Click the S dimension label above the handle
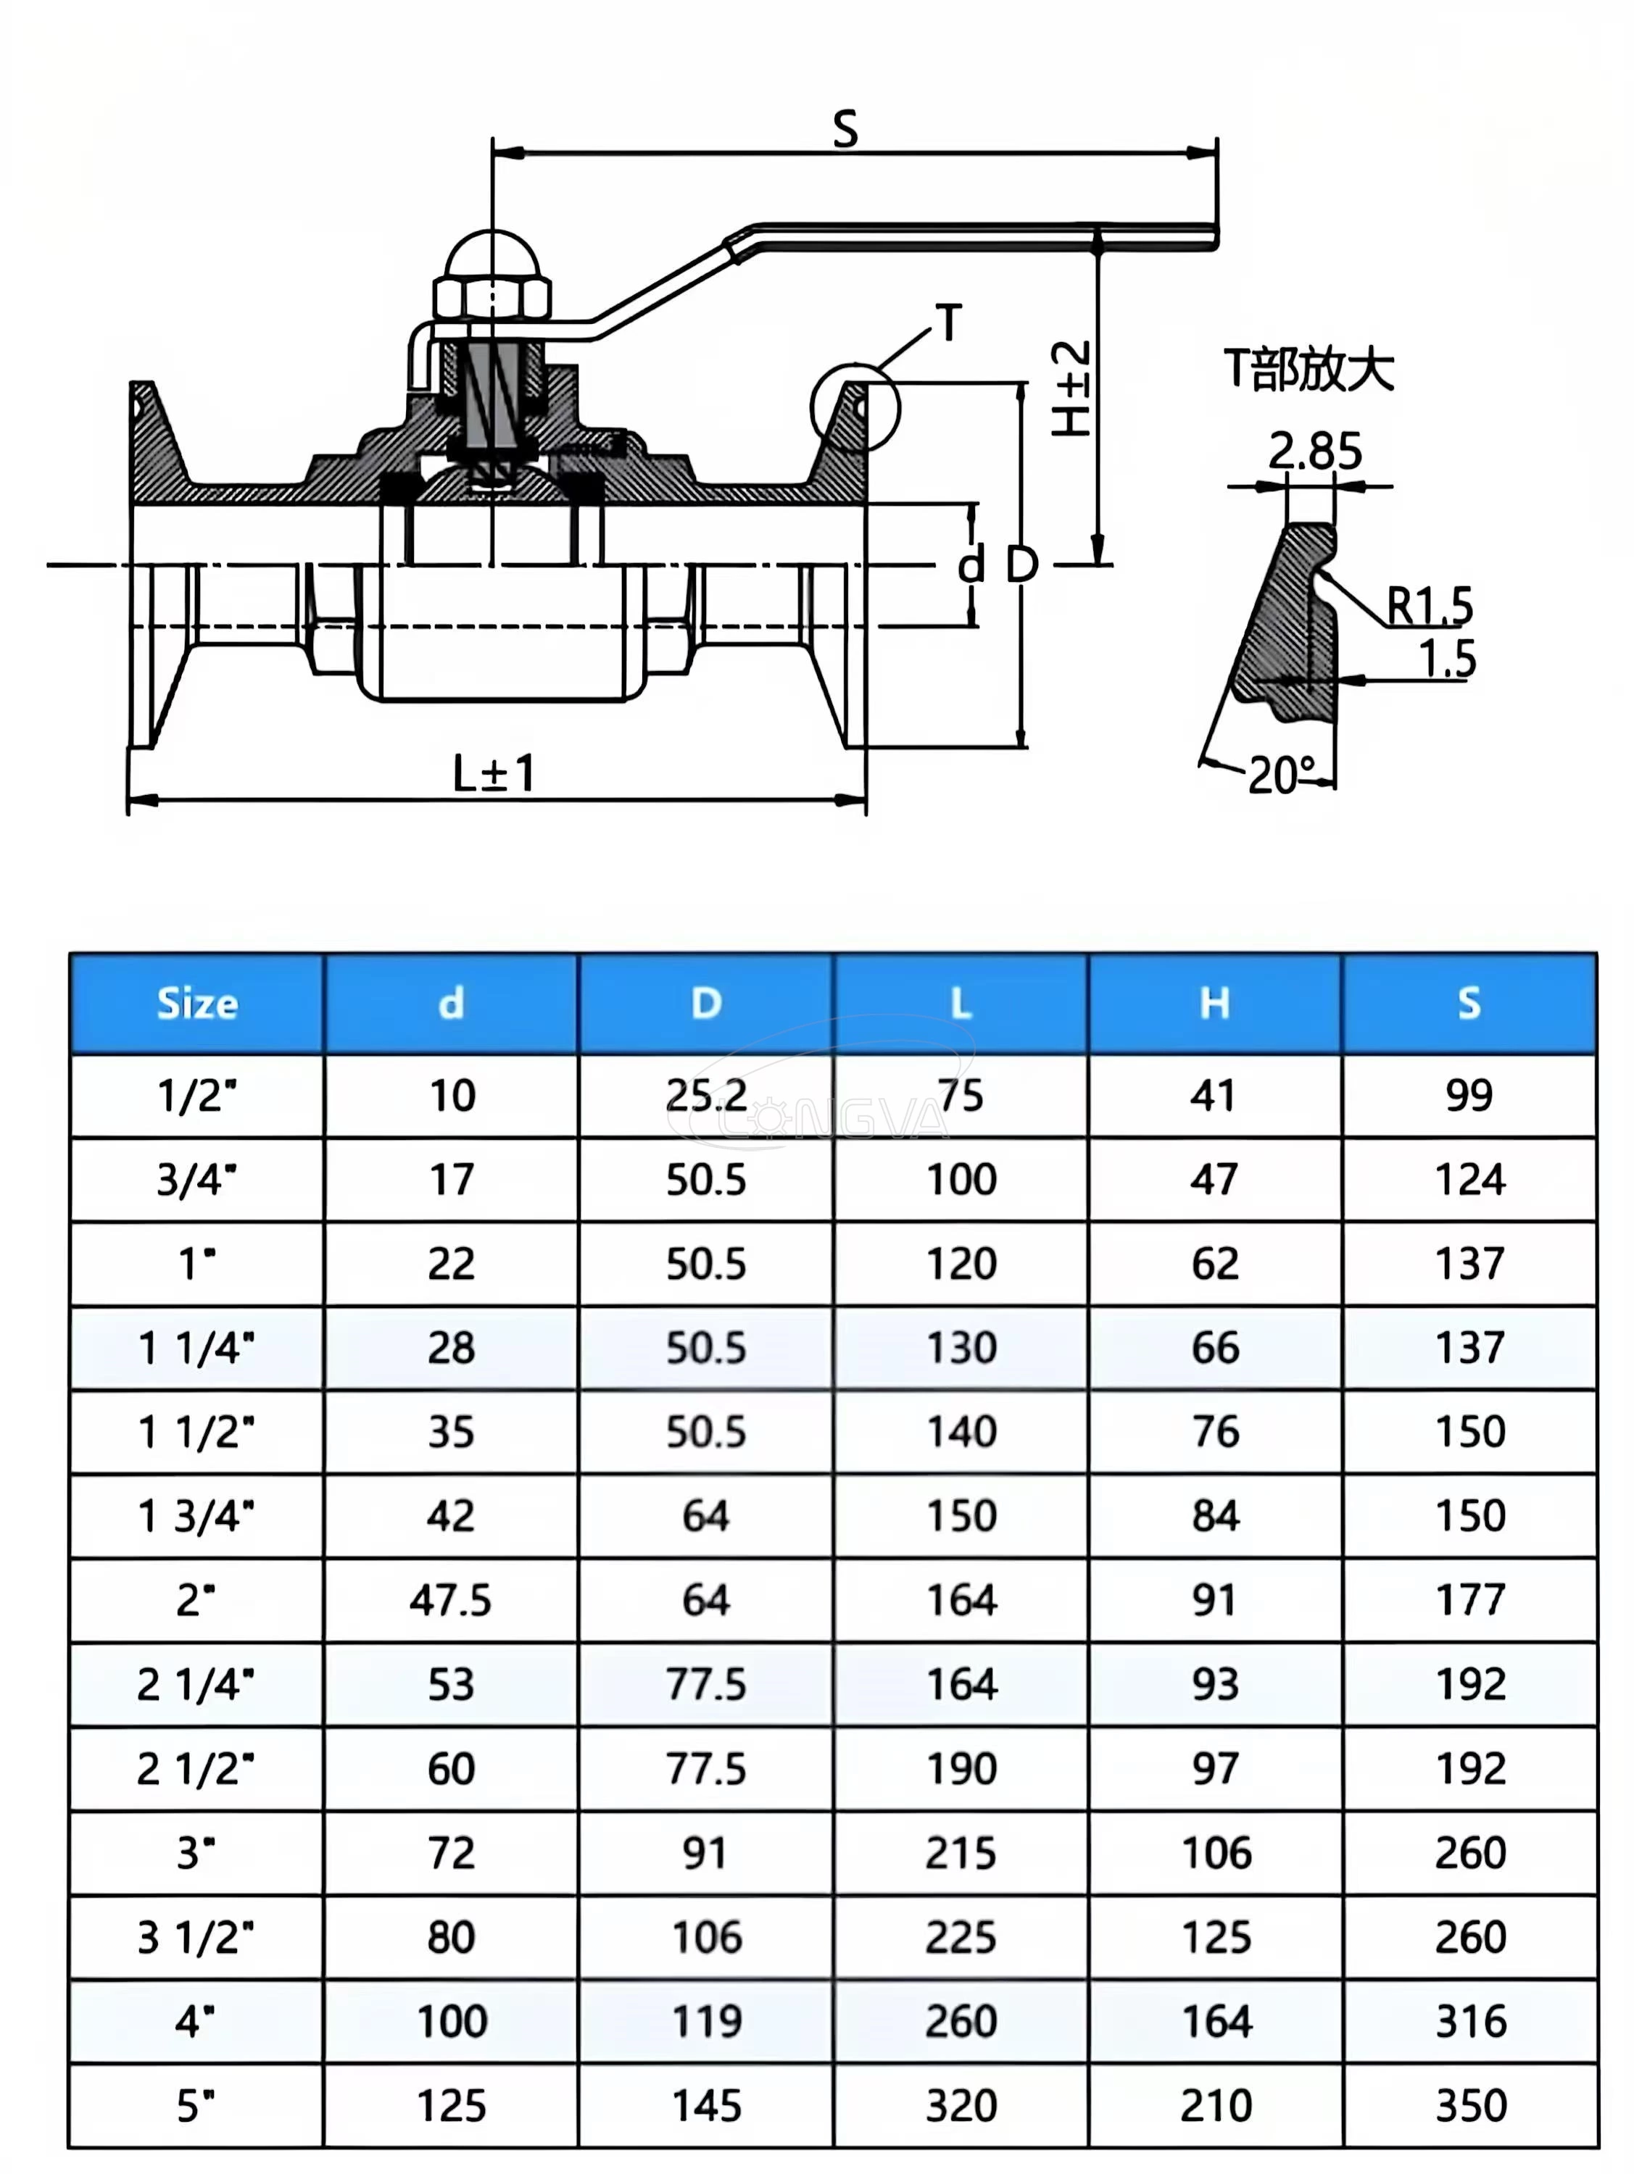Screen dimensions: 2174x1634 coord(845,130)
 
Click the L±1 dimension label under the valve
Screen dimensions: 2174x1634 coord(494,773)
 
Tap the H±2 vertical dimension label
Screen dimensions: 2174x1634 coord(1071,389)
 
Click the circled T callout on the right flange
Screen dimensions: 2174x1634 coord(855,407)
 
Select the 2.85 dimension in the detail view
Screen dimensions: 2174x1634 coord(1314,451)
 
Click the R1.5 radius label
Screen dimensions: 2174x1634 coord(1429,604)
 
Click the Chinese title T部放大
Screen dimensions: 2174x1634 coord(1309,370)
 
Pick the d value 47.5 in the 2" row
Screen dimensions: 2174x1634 coord(450,1601)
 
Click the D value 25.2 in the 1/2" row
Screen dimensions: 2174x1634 coord(706,1095)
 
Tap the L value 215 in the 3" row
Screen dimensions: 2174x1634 coord(961,1854)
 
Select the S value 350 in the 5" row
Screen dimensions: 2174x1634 coord(1470,2106)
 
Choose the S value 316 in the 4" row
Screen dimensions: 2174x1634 coord(1470,2022)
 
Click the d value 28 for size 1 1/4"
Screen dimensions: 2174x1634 coord(450,1347)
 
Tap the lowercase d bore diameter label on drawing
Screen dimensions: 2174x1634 coord(971,566)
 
